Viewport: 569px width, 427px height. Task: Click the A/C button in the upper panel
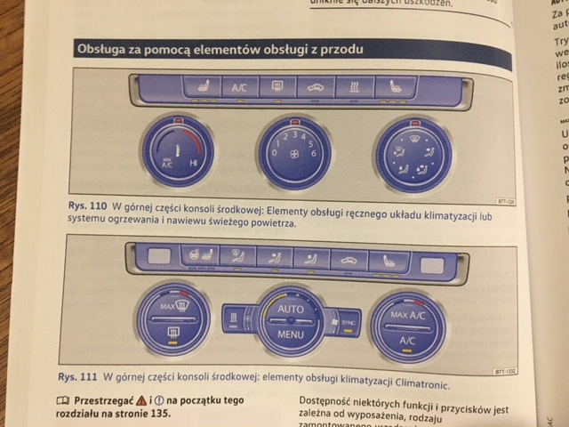(x=239, y=88)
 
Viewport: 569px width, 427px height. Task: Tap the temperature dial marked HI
(x=178, y=151)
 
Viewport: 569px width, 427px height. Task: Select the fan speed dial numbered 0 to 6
(x=294, y=153)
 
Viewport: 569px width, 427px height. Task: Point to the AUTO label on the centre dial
(x=291, y=309)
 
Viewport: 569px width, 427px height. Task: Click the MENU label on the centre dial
(x=291, y=336)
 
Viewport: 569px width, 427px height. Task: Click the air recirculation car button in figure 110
(x=316, y=88)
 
